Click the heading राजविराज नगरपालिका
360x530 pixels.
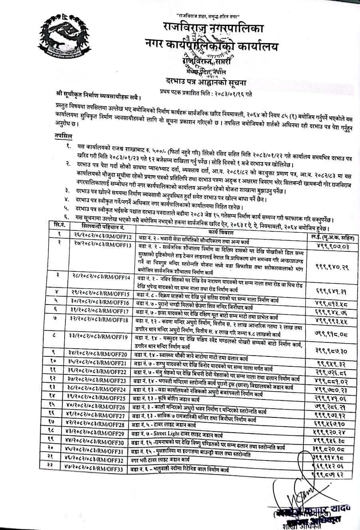214,28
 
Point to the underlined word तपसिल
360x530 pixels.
63,136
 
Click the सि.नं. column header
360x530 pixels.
60,225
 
